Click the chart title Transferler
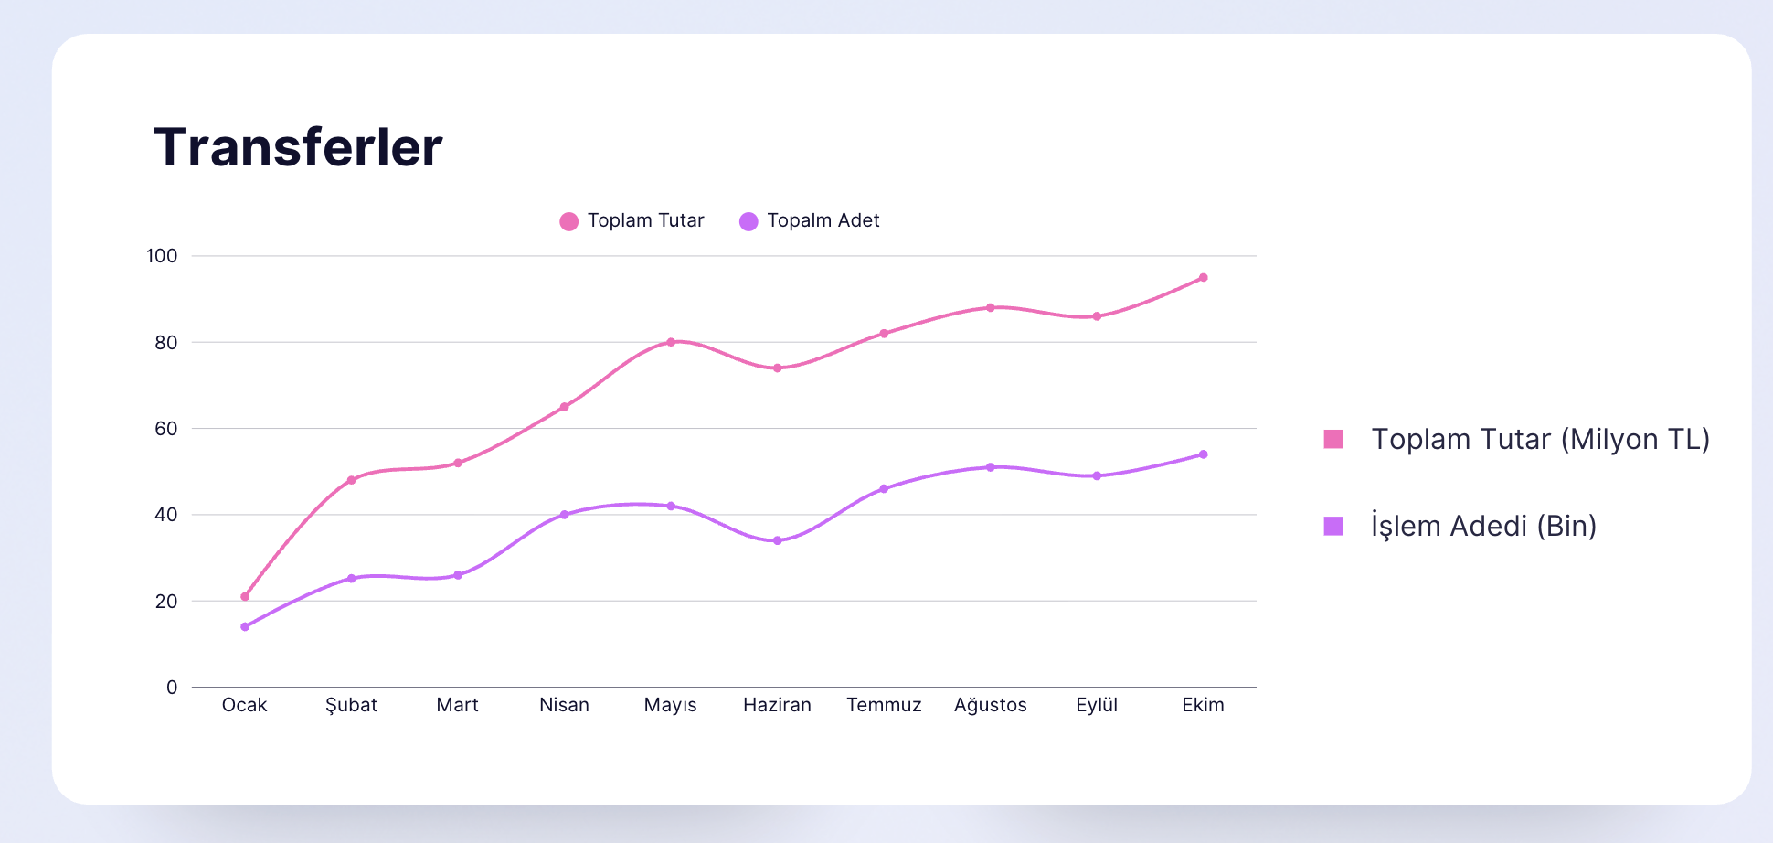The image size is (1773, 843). [x=298, y=147]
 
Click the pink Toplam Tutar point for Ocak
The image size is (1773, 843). [x=245, y=597]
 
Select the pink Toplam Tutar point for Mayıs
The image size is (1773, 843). [x=671, y=342]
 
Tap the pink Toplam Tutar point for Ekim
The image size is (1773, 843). [x=1203, y=278]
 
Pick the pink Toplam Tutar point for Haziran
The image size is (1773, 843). [x=777, y=368]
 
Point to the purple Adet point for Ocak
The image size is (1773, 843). [x=245, y=627]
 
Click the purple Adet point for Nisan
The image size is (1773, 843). [x=564, y=515]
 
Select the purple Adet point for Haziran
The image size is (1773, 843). [x=777, y=540]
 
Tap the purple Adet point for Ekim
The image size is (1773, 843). [x=1203, y=454]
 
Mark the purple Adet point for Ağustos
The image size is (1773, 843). [x=990, y=467]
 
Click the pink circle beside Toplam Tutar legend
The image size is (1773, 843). [x=568, y=221]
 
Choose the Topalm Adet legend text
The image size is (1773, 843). [x=823, y=220]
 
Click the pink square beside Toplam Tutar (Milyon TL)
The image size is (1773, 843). [x=1333, y=440]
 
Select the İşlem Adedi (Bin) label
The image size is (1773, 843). [x=1483, y=526]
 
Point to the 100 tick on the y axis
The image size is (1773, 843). [x=162, y=256]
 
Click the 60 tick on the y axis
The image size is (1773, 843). [x=165, y=429]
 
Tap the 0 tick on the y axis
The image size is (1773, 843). [x=172, y=688]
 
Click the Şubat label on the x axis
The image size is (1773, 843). [x=351, y=705]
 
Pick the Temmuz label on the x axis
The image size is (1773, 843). [x=884, y=705]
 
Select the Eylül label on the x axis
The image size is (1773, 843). [x=1097, y=705]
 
